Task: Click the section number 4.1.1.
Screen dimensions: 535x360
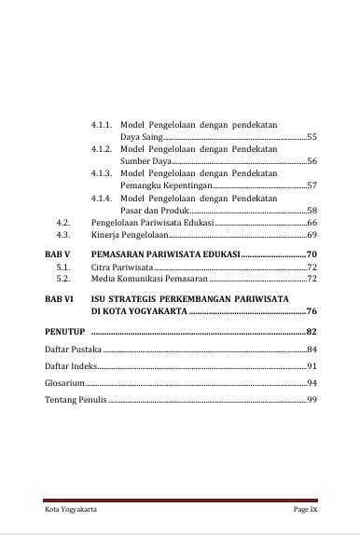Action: tap(103, 124)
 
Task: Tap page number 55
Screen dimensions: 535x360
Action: tap(312, 137)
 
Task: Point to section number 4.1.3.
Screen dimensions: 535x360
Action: tap(103, 173)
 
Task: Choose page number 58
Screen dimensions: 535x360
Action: tap(312, 211)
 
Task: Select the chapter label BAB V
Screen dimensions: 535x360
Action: tap(58, 254)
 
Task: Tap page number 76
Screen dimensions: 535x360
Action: tap(312, 311)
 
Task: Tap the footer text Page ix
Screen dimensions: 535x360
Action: tap(306, 511)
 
